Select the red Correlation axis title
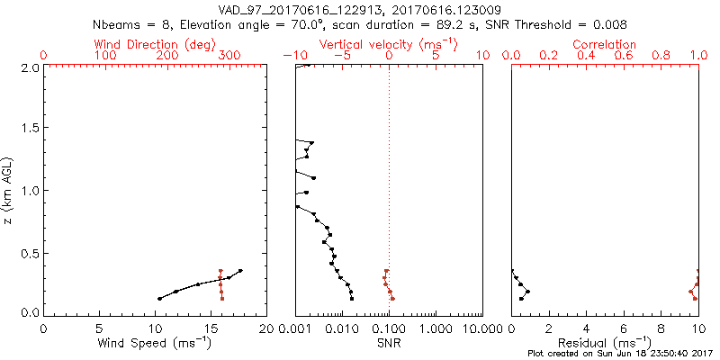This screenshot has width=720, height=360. [605, 44]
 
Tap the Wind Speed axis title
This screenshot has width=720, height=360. [155, 343]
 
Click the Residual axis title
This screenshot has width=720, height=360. [605, 343]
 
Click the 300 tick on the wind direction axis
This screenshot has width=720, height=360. [230, 56]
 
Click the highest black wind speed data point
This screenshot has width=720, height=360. [240, 270]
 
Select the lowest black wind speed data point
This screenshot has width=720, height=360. [159, 299]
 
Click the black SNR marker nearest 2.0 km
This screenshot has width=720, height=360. [308, 65]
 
